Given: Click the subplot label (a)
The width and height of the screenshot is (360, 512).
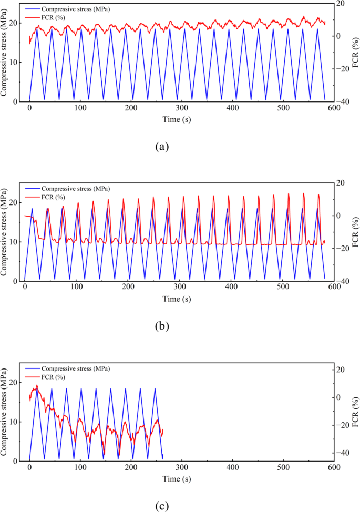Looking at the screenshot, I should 161,146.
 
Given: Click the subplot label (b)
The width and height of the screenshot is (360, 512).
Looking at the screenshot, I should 161,326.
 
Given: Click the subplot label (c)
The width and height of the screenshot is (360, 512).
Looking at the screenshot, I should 161,506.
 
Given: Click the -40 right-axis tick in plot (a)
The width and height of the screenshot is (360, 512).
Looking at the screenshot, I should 342,101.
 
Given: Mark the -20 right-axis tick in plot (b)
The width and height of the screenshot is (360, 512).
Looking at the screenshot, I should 342,249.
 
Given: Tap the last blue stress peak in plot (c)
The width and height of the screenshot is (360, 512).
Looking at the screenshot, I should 155,388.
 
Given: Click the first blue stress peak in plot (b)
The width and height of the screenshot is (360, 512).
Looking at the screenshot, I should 32,209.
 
